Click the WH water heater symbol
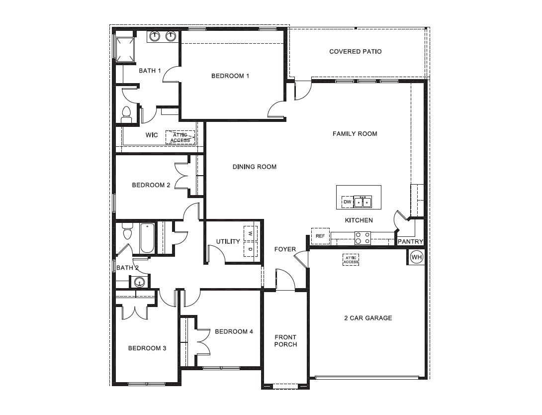click(416, 257)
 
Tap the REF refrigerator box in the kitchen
click(320, 236)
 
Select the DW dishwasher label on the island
click(347, 202)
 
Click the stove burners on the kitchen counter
click(362, 238)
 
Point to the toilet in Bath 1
click(126, 114)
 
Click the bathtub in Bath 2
click(147, 238)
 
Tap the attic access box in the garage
click(351, 260)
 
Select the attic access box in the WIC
click(180, 137)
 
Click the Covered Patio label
click(356, 51)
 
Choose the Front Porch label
click(285, 341)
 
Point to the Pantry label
click(411, 242)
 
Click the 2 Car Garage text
click(368, 318)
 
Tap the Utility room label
click(228, 241)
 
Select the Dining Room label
click(254, 167)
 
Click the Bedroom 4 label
click(234, 331)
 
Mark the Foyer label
click(285, 249)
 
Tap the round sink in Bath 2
click(139, 282)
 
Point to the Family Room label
click(355, 133)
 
